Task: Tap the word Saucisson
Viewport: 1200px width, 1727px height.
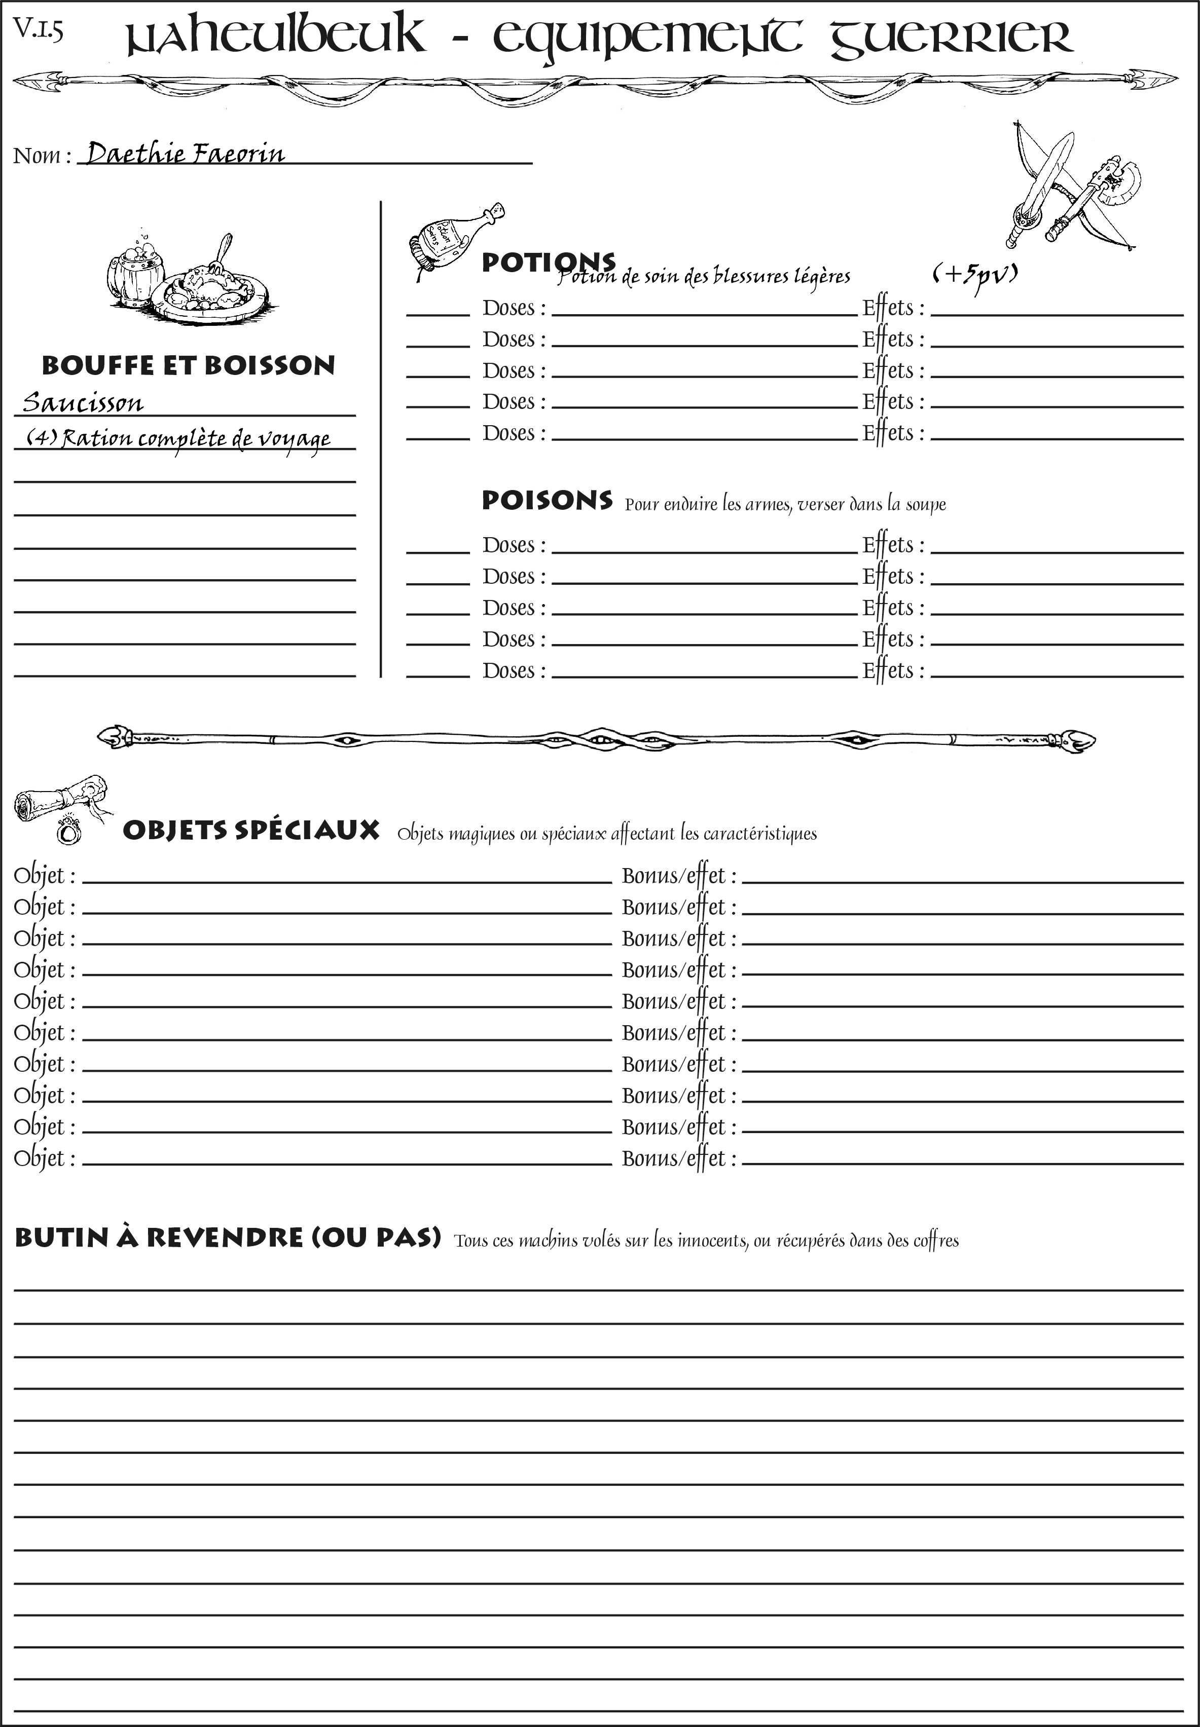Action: pos(83,403)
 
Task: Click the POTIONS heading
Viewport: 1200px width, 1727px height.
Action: pos(548,262)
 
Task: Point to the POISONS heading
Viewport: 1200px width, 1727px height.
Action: pos(547,501)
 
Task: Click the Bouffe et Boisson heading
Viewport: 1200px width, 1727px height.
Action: pos(188,365)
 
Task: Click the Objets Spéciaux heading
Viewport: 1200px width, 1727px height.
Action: pos(250,831)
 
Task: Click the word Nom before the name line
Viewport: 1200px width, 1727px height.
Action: pos(37,156)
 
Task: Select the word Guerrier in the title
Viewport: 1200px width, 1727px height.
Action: pos(951,37)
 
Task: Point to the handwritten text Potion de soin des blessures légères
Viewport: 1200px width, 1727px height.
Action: pos(704,277)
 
